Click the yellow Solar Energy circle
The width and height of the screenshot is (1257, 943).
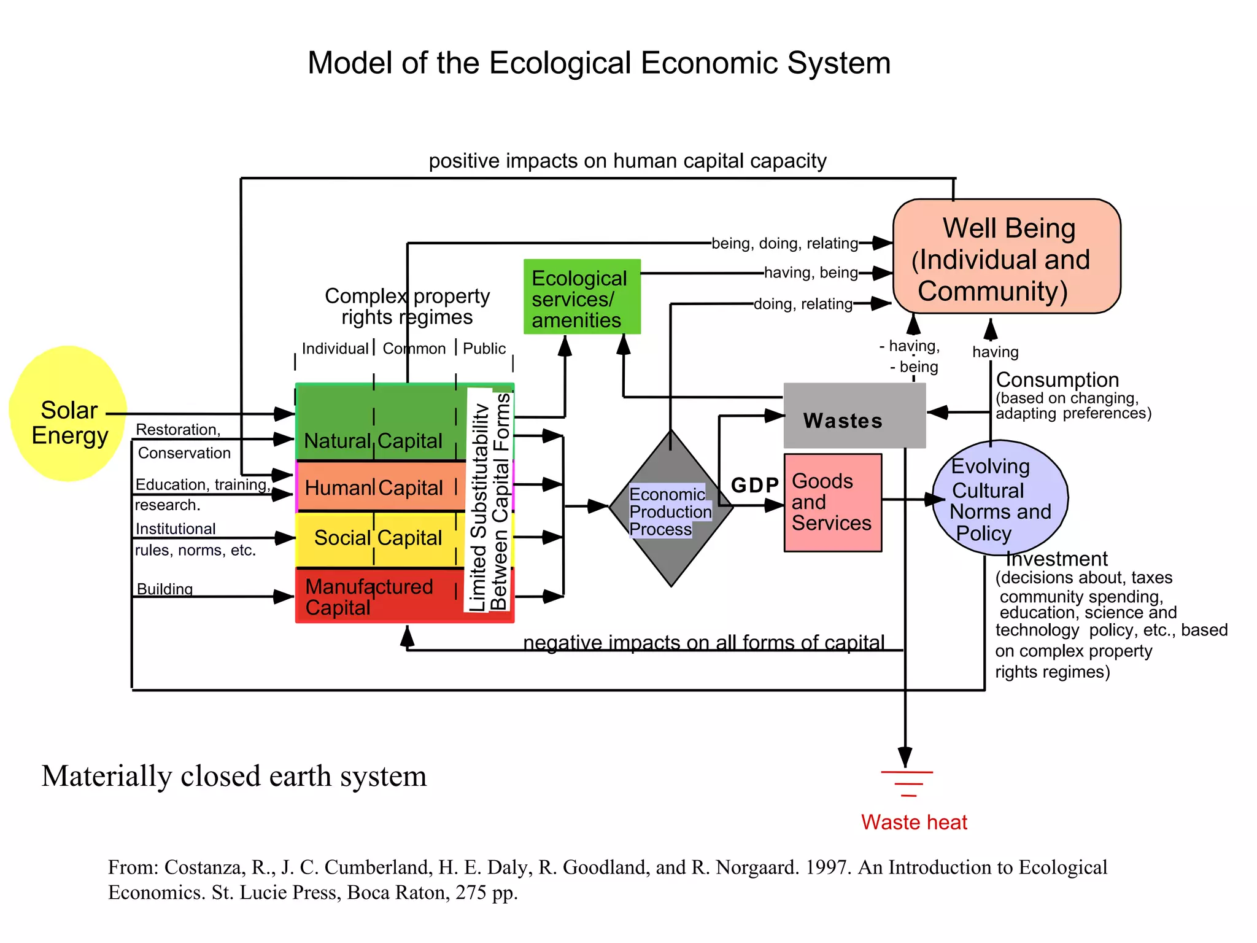tap(68, 414)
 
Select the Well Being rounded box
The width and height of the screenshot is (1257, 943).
tap(1007, 257)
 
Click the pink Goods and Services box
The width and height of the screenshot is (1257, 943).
tap(833, 503)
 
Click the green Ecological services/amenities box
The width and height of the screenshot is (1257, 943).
tap(581, 297)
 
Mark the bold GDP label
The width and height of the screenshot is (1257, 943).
tap(754, 486)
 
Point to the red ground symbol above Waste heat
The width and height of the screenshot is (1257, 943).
tap(907, 783)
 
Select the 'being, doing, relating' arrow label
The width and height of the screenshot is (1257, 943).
tap(784, 244)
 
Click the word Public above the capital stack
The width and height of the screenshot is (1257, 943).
tap(484, 349)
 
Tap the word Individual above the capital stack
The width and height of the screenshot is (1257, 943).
tap(335, 349)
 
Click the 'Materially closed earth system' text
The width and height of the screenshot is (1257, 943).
tap(234, 776)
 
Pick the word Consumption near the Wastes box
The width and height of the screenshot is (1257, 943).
tap(1057, 379)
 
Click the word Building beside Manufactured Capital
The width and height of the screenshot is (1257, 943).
tap(164, 589)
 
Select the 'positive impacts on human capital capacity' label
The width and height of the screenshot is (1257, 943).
tap(627, 161)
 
